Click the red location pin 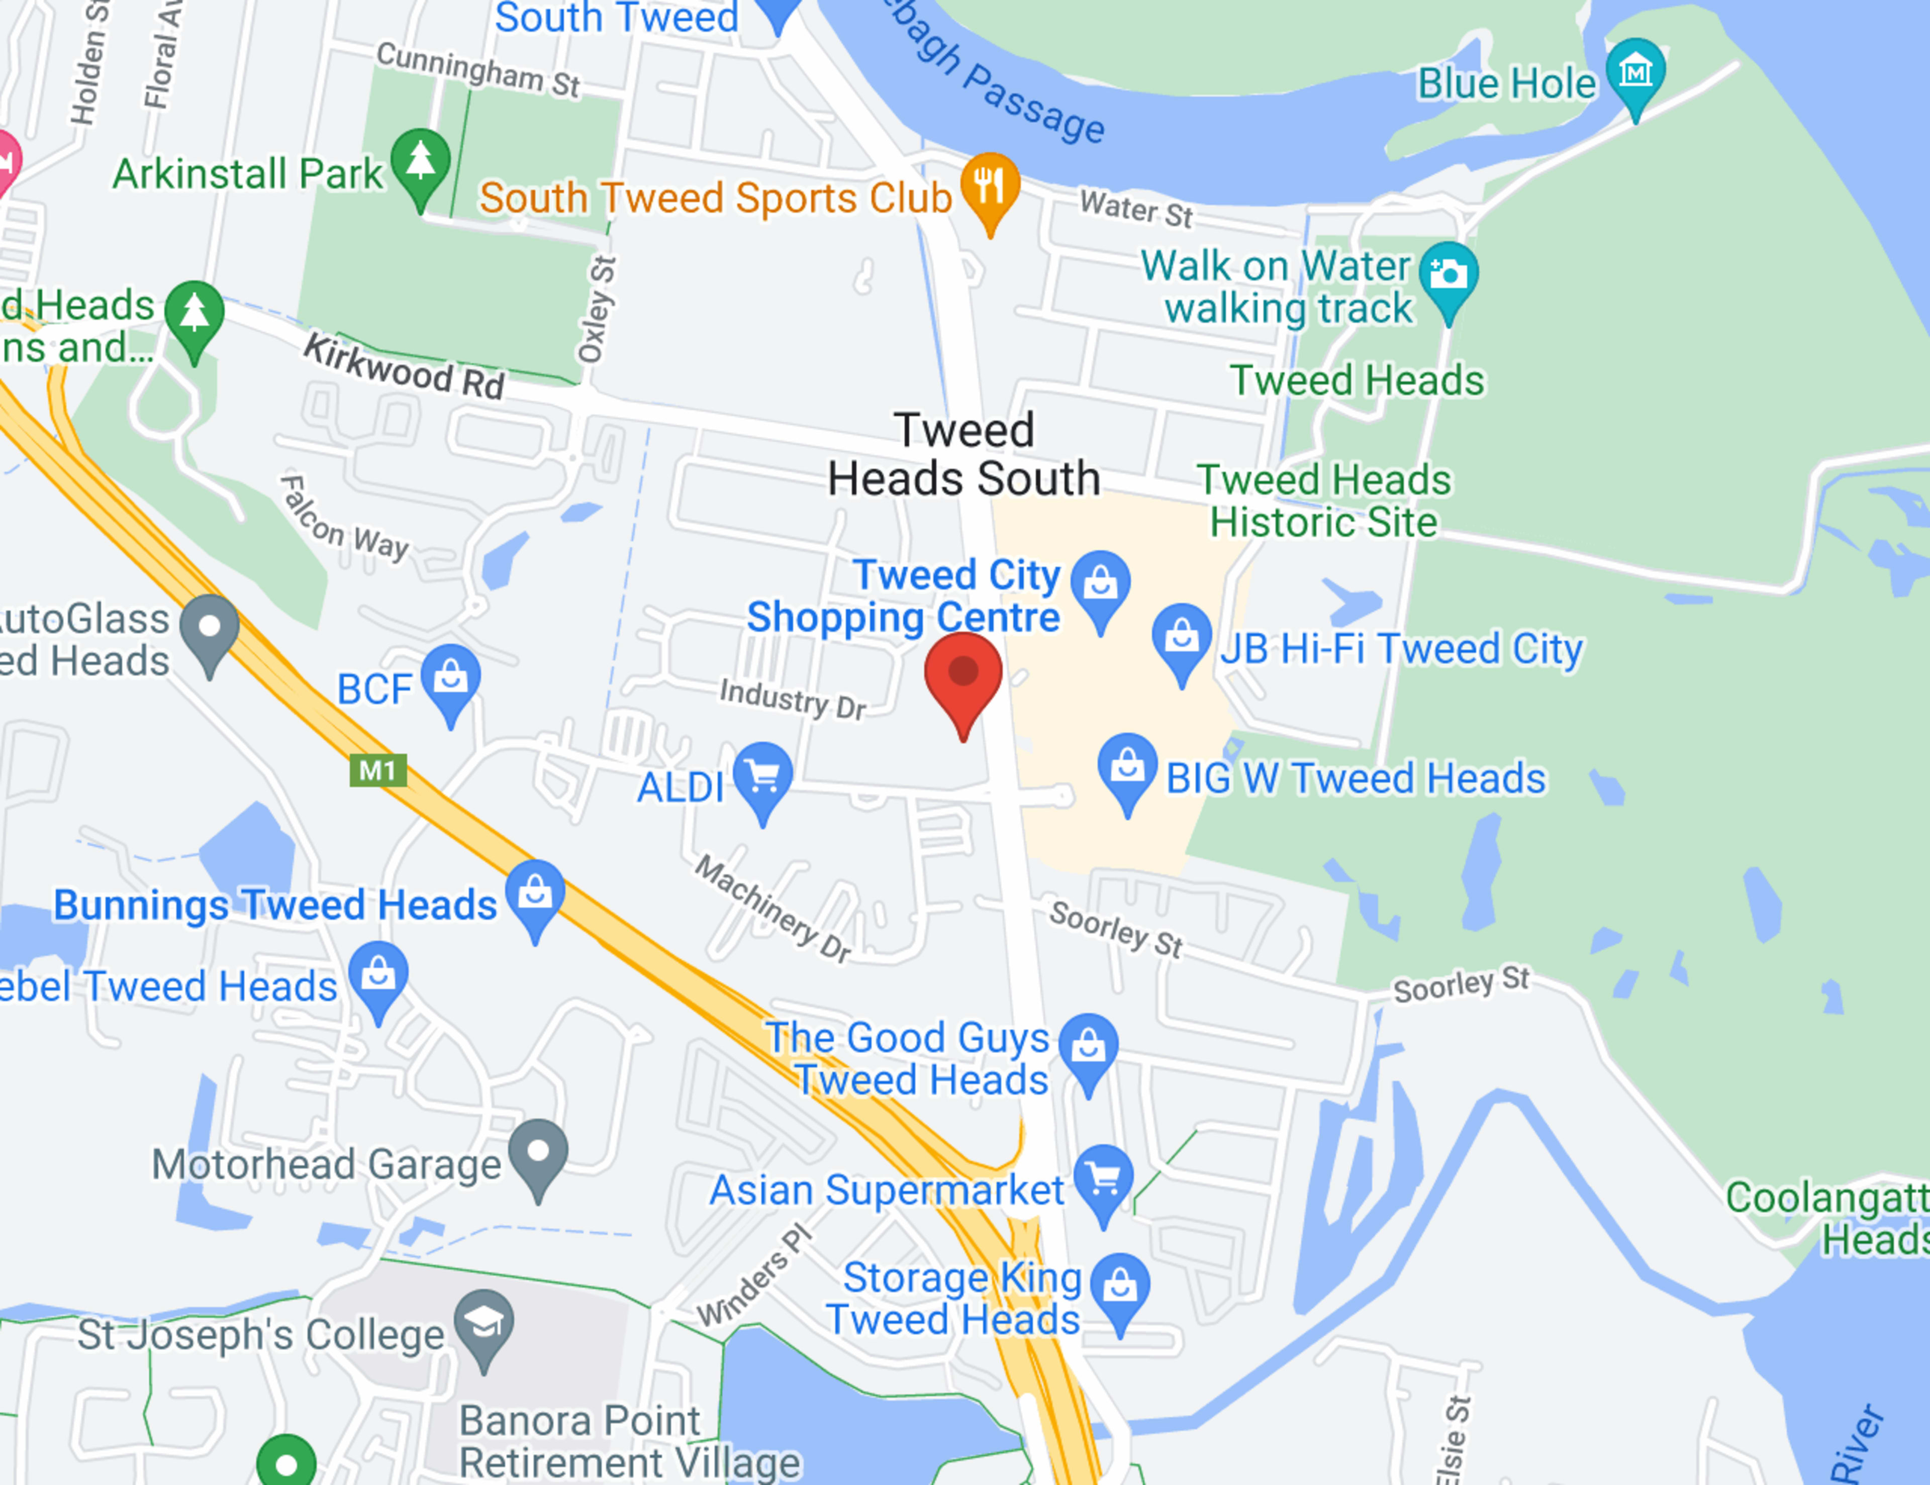pos(963,676)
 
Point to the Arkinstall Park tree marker pos(421,162)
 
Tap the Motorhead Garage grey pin pos(538,1153)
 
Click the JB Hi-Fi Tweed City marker pos(1182,636)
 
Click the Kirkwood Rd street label pos(404,367)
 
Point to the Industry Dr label pos(793,699)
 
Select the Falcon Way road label pos(345,520)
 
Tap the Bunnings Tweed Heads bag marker pos(535,894)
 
